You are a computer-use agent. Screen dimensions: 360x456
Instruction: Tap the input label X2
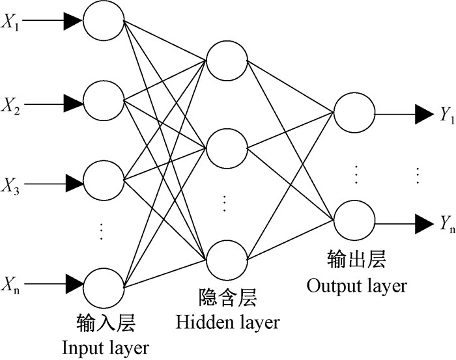coord(12,104)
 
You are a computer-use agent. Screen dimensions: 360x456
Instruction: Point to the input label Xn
coord(12,283)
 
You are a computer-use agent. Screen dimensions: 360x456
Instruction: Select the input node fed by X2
coord(103,102)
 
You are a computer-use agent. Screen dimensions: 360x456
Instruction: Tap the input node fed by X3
coord(103,179)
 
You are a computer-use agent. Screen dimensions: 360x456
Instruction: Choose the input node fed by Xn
coord(103,284)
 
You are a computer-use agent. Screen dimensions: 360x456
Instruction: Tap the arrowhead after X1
coord(73,21)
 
